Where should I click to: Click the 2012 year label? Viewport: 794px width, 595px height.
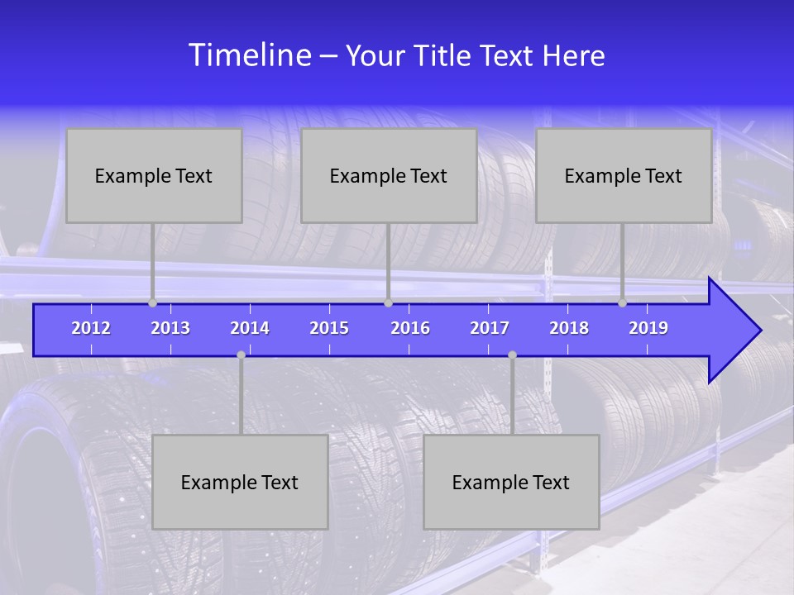coord(91,328)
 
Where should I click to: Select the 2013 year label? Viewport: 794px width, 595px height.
coord(170,328)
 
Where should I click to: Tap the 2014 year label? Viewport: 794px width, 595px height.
coord(250,328)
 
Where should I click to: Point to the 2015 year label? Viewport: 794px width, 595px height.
coord(329,328)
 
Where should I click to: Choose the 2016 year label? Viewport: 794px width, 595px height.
coord(410,328)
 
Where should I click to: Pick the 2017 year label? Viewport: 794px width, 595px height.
coord(490,328)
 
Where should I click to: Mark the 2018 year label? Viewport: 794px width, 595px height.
coord(569,328)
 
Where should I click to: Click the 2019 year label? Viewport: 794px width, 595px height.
coord(648,328)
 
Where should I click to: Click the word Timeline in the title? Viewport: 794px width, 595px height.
coord(250,55)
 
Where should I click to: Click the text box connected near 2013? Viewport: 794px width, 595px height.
coord(154,175)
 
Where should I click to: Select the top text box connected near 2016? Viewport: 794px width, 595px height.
coord(389,175)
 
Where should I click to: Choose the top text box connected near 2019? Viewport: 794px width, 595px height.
coord(624,175)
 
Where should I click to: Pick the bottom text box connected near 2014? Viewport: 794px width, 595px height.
coord(240,482)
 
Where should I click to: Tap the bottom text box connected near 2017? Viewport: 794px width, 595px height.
coord(511,482)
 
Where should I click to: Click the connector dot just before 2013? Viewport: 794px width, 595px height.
coord(153,303)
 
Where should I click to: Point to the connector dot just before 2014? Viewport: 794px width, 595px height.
coord(241,355)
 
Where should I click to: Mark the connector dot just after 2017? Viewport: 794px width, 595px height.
coord(512,355)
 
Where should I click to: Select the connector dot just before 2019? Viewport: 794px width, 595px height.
coord(623,303)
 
